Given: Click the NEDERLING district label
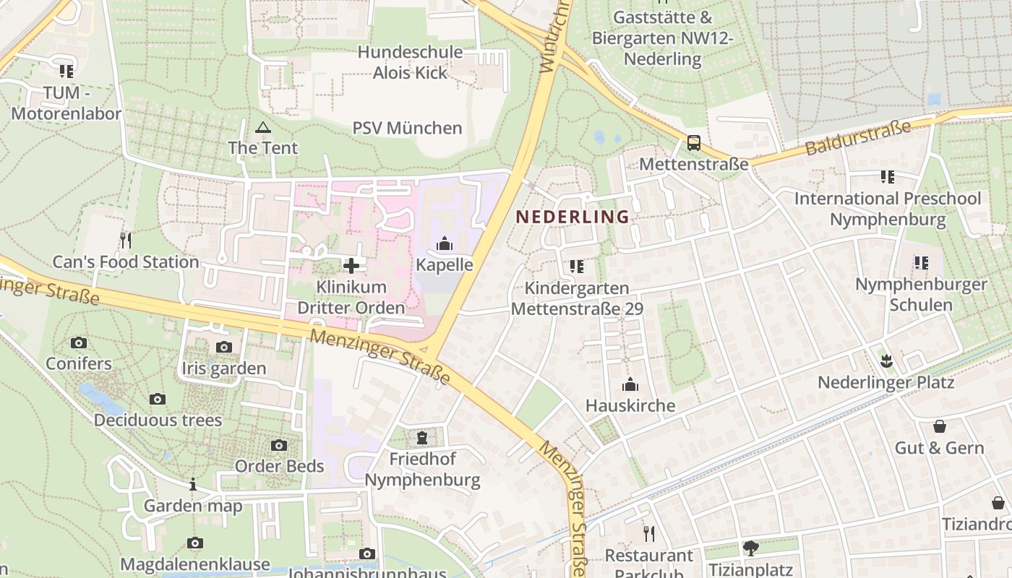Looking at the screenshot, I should [572, 217].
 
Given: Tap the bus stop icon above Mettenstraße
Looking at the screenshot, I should [694, 143].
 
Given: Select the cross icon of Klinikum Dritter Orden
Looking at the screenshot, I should [351, 266].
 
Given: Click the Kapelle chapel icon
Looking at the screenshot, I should [445, 243].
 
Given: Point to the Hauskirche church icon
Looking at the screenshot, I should [630, 384].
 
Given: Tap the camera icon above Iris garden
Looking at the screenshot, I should [224, 347].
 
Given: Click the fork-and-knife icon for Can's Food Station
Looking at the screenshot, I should [126, 240].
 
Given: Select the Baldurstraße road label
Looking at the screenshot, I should [857, 138].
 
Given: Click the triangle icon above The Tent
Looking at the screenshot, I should [262, 128].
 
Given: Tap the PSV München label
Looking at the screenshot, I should [407, 129].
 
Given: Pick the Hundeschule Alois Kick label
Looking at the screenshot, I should [410, 62].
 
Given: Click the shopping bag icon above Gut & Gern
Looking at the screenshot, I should [940, 426].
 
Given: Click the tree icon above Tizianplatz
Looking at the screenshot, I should [751, 548].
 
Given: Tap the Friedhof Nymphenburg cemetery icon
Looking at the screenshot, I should [422, 437].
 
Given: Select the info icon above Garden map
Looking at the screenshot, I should [193, 484].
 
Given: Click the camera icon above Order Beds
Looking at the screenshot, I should [279, 445].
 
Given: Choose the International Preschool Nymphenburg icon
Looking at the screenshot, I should [888, 176].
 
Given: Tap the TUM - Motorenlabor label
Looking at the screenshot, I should [67, 103].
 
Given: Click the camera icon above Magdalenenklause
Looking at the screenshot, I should [194, 543].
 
